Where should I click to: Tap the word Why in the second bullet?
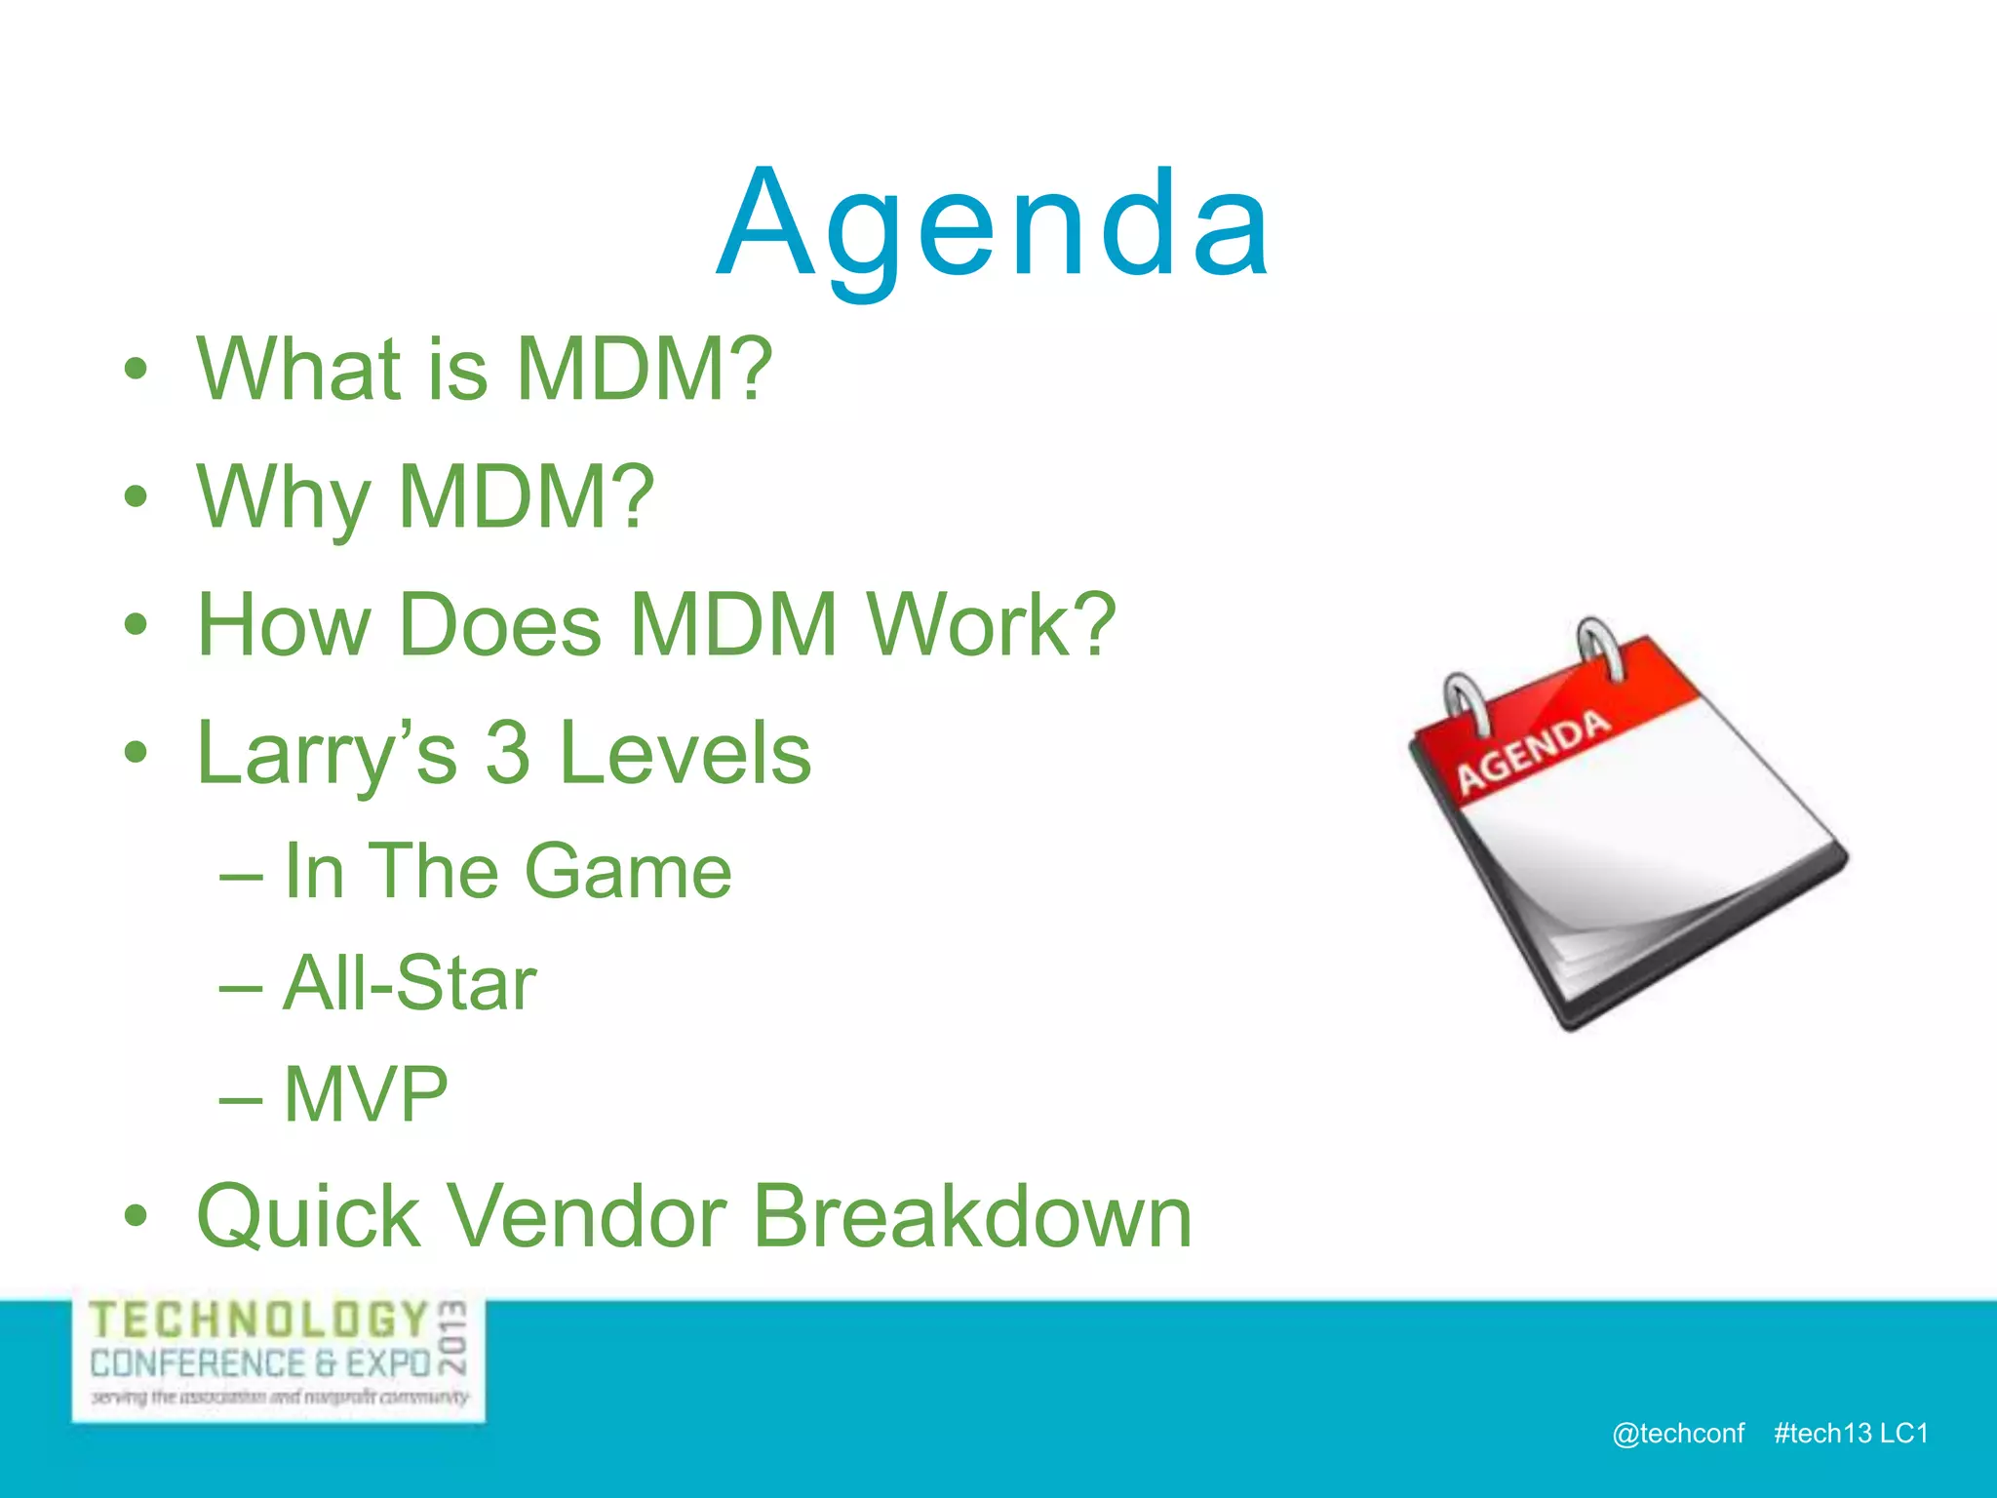[x=283, y=497]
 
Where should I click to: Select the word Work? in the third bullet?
[x=991, y=625]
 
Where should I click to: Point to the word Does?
[x=499, y=625]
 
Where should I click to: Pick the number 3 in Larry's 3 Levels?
[x=507, y=754]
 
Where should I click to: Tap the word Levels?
[x=685, y=754]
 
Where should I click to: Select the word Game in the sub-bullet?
[x=628, y=871]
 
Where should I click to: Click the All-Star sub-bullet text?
[x=410, y=983]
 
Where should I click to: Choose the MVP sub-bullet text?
[x=366, y=1094]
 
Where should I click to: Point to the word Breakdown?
[x=972, y=1217]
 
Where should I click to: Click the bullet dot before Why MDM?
[x=136, y=497]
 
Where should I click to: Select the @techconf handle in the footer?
[x=1678, y=1433]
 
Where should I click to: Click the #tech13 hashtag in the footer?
[x=1822, y=1433]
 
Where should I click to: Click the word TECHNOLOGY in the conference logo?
[x=259, y=1321]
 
